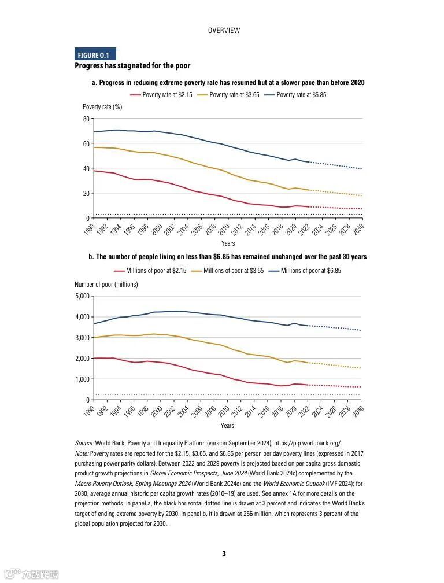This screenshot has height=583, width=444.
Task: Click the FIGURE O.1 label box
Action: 95,55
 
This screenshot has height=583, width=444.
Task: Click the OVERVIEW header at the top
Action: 224,31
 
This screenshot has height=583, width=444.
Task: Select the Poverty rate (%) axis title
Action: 102,107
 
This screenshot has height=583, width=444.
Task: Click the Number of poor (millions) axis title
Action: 106,285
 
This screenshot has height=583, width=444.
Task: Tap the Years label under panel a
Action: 228,243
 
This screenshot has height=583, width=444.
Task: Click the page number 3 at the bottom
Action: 224,554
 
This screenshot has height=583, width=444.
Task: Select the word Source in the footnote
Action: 84,443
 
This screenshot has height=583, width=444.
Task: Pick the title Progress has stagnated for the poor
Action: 132,66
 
